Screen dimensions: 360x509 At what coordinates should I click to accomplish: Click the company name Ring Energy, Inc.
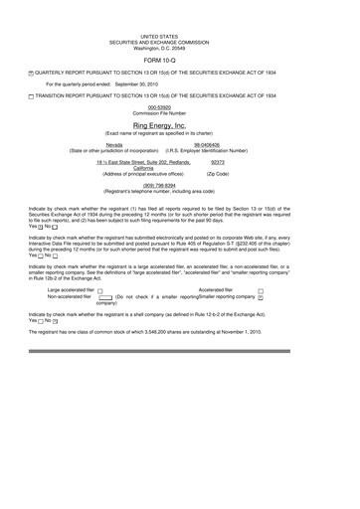click(180, 127)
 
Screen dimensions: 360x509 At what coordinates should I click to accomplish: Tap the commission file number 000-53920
click(180, 105)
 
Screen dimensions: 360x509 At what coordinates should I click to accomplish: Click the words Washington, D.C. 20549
click(180, 47)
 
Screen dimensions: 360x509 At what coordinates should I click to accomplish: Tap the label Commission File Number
click(180, 111)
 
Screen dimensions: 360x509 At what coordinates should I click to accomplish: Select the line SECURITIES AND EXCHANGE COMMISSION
click(180, 41)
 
